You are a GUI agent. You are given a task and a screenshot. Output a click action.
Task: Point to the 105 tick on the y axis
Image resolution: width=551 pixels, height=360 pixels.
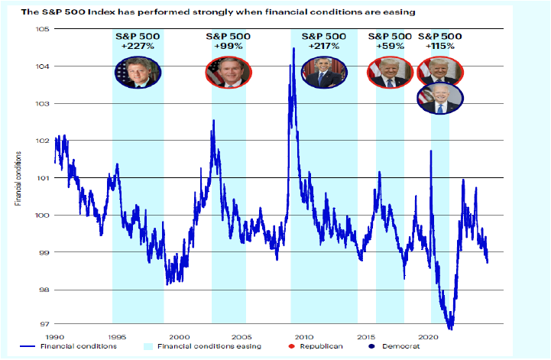pos(42,29)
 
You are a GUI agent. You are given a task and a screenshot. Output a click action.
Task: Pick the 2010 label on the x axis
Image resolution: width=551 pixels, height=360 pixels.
pos(304,336)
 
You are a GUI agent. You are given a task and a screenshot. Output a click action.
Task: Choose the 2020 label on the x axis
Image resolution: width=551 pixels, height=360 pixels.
pos(429,336)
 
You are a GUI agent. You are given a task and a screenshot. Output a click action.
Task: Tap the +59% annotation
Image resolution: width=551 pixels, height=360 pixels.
pos(390,46)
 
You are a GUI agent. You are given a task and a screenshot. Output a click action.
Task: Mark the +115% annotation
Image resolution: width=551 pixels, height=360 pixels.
pos(440,46)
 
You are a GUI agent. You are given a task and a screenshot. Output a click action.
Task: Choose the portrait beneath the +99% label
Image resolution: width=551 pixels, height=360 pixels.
pos(223,72)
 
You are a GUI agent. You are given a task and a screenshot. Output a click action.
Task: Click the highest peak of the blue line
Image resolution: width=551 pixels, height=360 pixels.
pos(294,49)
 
